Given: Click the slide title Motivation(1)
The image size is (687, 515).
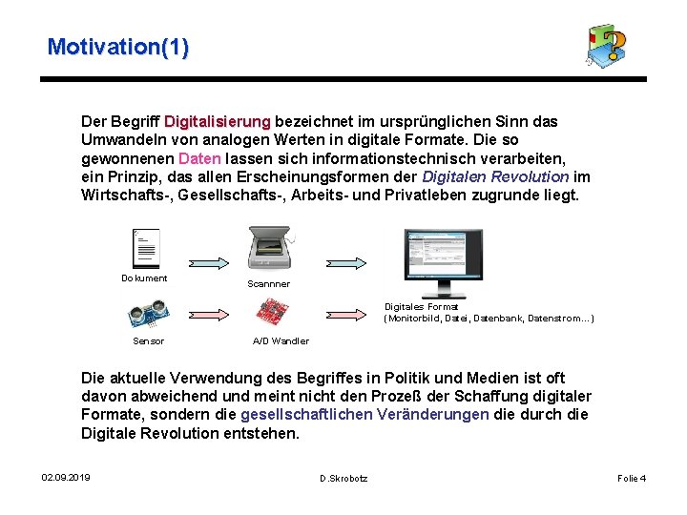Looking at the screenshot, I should point(117,47).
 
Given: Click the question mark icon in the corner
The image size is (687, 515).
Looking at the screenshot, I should point(607,46).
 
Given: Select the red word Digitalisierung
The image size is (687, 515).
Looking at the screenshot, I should point(218,122).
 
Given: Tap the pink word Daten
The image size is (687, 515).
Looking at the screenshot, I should point(199,158).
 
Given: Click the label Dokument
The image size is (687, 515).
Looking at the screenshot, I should point(144,278).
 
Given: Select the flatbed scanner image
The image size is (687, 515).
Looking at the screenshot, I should point(269,250).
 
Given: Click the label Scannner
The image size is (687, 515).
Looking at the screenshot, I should point(268,283).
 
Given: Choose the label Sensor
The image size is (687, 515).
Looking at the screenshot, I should point(148,341).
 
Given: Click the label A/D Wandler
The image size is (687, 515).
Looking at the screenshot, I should point(281,341).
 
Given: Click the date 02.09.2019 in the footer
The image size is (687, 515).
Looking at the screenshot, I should point(66,477).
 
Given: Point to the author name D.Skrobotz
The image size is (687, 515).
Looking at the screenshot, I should point(343,478).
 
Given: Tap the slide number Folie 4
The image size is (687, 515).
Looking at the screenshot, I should point(632,478).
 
